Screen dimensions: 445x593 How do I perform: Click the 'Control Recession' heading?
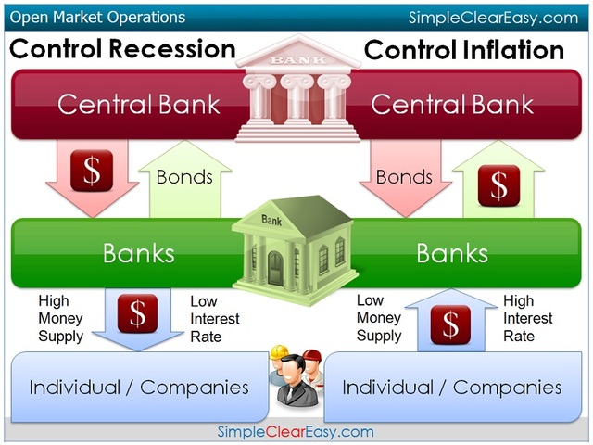click(x=121, y=48)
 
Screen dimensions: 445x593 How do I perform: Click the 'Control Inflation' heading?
click(x=464, y=49)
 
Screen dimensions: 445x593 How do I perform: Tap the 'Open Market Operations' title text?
click(x=97, y=17)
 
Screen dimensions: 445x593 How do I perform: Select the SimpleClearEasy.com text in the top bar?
click(x=493, y=18)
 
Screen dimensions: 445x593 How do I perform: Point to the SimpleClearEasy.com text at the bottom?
click(x=296, y=431)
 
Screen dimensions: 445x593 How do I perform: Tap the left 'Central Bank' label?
click(x=139, y=104)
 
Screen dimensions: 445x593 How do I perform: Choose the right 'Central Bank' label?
click(x=452, y=104)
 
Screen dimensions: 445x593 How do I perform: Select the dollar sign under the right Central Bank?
click(x=498, y=184)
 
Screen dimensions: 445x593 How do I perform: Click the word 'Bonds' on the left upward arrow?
click(x=184, y=176)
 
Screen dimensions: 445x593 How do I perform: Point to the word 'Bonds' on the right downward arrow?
click(x=404, y=176)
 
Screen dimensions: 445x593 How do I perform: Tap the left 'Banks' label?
click(x=138, y=253)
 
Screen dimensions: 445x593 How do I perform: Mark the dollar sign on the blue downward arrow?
click(x=137, y=313)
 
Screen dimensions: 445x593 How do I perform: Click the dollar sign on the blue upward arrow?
click(x=451, y=324)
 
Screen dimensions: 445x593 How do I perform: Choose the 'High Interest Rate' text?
click(x=527, y=318)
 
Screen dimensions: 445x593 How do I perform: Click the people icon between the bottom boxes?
click(x=295, y=376)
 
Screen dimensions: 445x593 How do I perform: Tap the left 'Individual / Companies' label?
click(x=139, y=386)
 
